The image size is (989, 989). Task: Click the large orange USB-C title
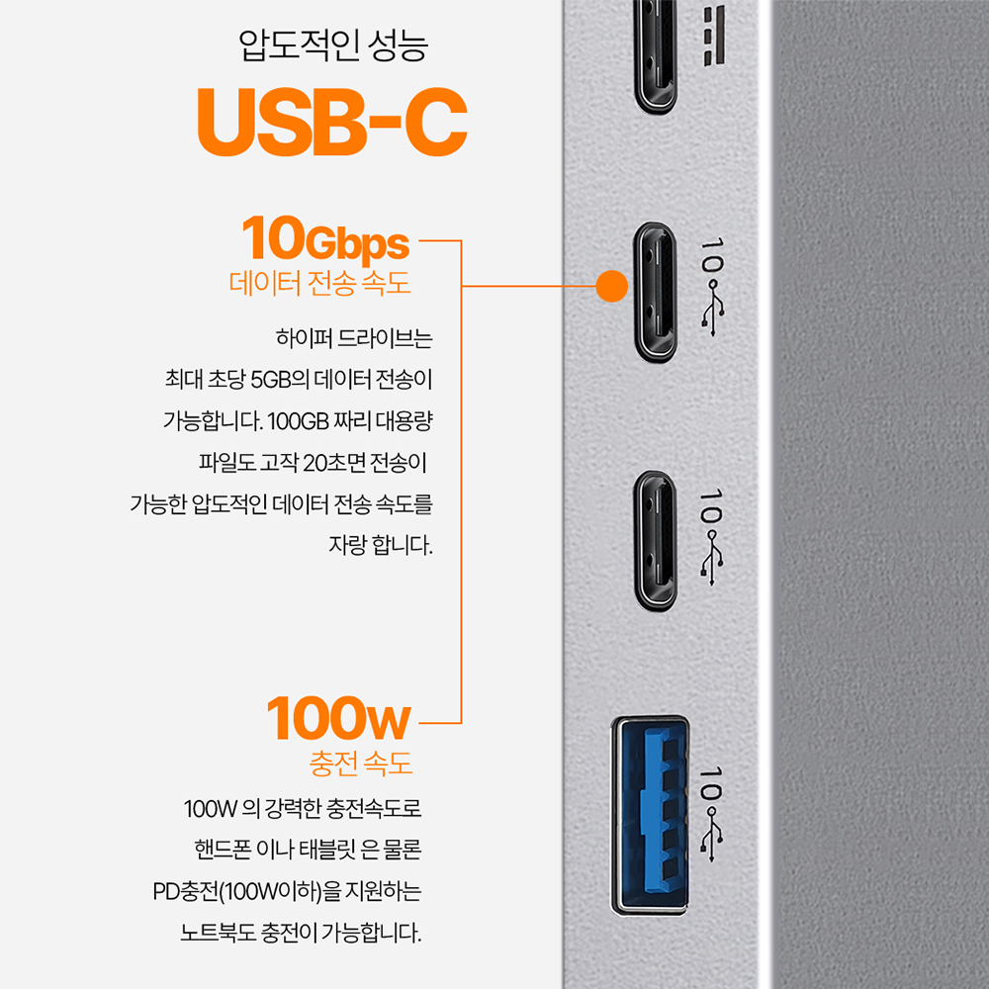click(332, 122)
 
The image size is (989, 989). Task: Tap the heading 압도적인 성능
click(333, 45)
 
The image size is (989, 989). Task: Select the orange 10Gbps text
click(325, 239)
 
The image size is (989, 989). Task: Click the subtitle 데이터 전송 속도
click(319, 283)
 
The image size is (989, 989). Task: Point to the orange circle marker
click(611, 286)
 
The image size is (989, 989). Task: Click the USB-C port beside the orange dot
click(656, 292)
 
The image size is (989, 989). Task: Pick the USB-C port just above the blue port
click(656, 541)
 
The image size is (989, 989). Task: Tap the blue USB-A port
click(649, 815)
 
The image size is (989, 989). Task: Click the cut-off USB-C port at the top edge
click(656, 56)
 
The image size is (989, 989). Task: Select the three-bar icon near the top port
click(715, 36)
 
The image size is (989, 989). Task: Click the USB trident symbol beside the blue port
click(712, 835)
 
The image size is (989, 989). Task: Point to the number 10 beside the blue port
click(711, 784)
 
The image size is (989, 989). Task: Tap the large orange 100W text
click(338, 719)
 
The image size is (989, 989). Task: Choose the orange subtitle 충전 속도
click(361, 763)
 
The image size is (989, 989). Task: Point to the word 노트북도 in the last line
click(218, 933)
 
